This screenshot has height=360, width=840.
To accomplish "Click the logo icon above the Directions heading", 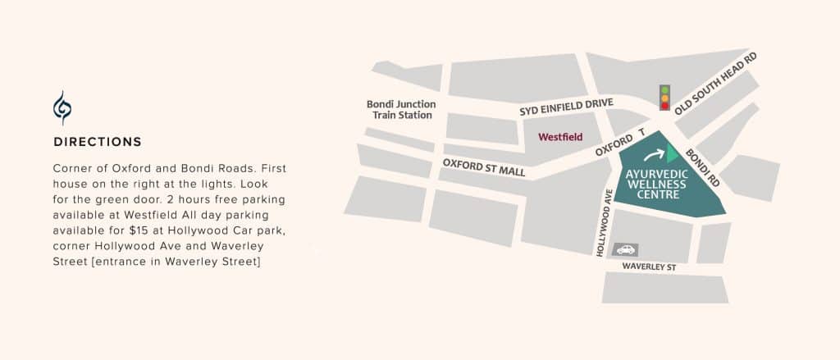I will tap(62, 107).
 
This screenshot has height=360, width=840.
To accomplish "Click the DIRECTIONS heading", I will tap(98, 142).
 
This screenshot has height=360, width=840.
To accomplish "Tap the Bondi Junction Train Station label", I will tap(401, 110).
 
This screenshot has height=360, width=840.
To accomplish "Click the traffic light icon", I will tap(665, 97).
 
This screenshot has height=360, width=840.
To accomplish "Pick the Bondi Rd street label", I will tap(702, 166).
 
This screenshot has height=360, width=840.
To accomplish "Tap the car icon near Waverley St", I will tap(625, 249).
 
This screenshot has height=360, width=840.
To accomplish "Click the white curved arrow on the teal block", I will tap(655, 153).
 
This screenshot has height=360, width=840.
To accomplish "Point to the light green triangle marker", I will tap(672, 153).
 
